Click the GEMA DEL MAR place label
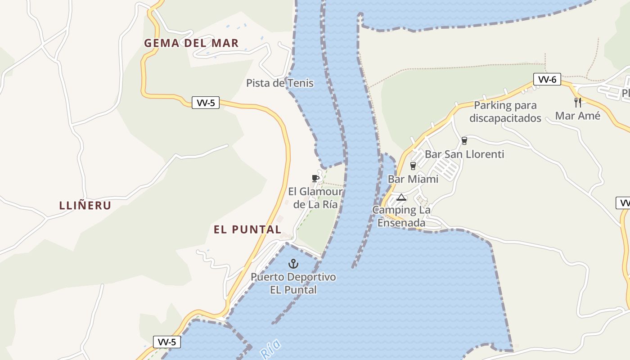[x=191, y=43]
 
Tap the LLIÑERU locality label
[x=85, y=206]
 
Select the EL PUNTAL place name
[x=247, y=229]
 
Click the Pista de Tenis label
[x=280, y=83]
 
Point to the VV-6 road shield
[x=547, y=80]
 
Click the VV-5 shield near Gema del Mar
[x=206, y=103]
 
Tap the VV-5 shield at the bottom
[x=166, y=342]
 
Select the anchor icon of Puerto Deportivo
[x=293, y=264]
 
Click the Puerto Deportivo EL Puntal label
[x=293, y=283]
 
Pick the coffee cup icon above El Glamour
[x=315, y=178]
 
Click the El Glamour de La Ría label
[x=315, y=198]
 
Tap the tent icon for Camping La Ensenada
[x=401, y=197]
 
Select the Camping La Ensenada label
[x=401, y=216]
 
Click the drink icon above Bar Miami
[x=413, y=166]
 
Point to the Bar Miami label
[x=413, y=179]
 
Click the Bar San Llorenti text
[x=464, y=154]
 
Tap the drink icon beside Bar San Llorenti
[x=464, y=141]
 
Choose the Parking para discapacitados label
[x=505, y=112]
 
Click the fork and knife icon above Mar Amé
[x=578, y=102]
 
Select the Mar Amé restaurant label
[x=578, y=116]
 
